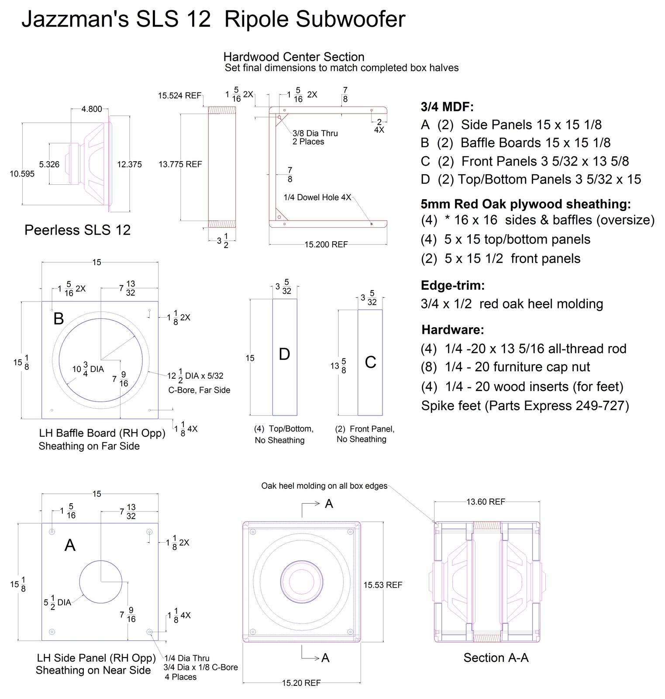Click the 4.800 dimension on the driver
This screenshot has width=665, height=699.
click(91, 109)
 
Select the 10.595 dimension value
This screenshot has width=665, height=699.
click(22, 174)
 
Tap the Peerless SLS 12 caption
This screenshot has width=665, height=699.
click(77, 230)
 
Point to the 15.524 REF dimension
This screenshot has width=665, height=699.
click(179, 96)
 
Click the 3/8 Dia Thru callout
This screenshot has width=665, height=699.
click(315, 133)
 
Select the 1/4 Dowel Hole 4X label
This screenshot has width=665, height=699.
click(317, 197)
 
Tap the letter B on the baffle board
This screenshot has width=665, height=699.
click(59, 319)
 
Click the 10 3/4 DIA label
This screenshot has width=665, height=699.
click(88, 369)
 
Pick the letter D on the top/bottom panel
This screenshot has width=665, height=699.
click(284, 354)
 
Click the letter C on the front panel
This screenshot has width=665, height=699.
click(370, 362)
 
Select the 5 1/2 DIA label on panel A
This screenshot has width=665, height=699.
click(57, 602)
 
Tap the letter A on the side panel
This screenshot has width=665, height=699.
click(70, 545)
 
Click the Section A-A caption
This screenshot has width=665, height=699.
click(496, 657)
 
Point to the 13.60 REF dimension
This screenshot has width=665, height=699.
click(485, 502)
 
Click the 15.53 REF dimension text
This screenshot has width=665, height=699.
click(382, 585)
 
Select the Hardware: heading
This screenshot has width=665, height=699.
click(452, 329)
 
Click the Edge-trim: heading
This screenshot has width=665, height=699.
click(453, 286)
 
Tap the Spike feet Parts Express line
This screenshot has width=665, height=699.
click(525, 406)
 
